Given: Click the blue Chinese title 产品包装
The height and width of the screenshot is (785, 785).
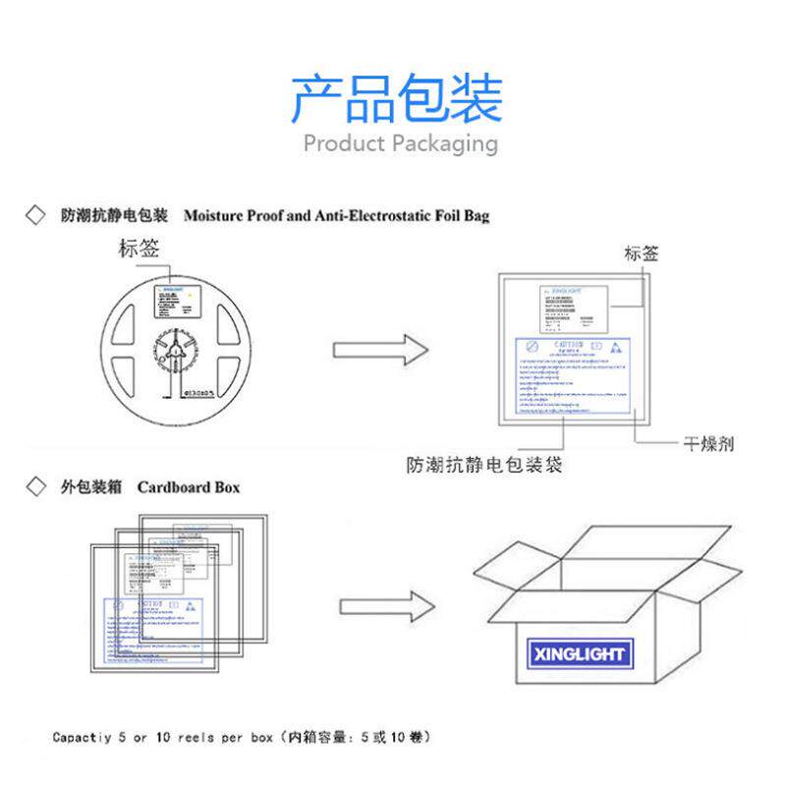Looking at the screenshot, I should click(x=395, y=97).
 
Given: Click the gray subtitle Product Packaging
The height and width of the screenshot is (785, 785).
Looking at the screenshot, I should click(x=400, y=143).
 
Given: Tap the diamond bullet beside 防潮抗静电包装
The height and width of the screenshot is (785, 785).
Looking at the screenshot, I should click(x=35, y=215).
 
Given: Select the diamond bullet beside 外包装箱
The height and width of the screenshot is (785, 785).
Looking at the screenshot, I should click(x=35, y=486).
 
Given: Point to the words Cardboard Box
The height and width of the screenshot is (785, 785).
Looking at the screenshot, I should click(x=188, y=487).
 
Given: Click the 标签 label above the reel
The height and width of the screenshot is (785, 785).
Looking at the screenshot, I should click(x=139, y=249).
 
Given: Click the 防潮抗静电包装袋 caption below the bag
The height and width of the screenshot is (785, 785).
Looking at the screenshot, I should click(x=484, y=466).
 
